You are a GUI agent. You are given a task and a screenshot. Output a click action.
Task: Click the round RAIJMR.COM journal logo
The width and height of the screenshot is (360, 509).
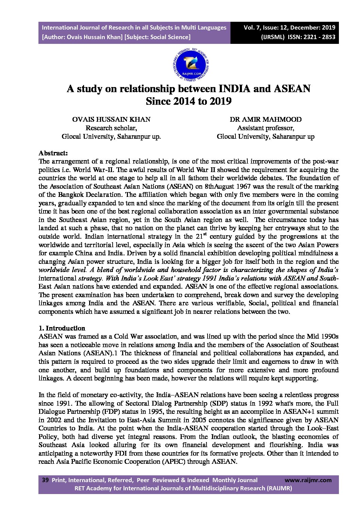coord(191,64)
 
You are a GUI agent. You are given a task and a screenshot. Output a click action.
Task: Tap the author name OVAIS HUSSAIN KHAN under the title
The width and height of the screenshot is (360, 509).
coord(111,119)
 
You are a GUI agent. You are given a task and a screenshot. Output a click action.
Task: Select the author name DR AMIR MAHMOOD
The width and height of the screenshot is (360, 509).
coord(265,119)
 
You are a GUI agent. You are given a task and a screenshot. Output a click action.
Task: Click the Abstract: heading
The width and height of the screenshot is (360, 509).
coord(53,153)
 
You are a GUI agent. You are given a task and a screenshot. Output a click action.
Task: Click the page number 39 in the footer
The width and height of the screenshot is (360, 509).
coord(45,480)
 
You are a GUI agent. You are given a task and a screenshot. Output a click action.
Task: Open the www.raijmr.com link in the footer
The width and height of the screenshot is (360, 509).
coord(308,480)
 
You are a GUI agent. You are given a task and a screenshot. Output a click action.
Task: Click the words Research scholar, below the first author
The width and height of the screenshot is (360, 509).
coord(111,128)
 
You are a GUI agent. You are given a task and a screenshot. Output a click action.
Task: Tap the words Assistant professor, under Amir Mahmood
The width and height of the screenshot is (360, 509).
coord(265,128)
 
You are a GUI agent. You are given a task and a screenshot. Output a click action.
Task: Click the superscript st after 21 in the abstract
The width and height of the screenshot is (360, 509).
coord(205,234)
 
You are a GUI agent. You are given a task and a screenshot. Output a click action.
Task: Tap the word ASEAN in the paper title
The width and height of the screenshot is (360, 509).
coord(292,89)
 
